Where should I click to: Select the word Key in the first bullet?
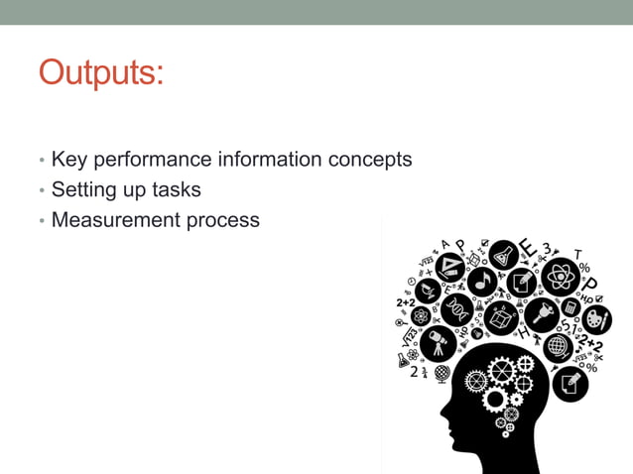click(x=68, y=159)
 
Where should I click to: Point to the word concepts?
click(x=368, y=159)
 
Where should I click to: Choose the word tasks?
click(x=177, y=189)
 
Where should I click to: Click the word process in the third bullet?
click(x=223, y=219)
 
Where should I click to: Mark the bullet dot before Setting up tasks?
click(x=42, y=190)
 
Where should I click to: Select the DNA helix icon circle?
click(x=456, y=309)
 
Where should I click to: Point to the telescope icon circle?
click(x=437, y=343)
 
